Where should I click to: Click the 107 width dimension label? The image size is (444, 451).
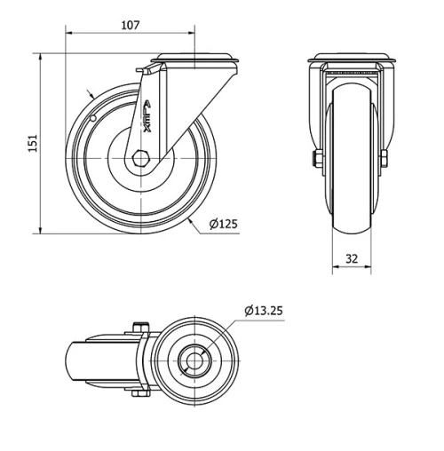click(x=130, y=26)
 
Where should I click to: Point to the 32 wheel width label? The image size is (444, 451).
click(x=353, y=259)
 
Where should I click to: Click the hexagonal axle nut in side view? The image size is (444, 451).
click(x=143, y=159)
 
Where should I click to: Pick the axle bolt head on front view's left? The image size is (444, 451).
click(x=314, y=160)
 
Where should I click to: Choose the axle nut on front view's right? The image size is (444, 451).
click(x=384, y=160)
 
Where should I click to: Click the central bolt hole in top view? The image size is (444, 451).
click(x=193, y=361)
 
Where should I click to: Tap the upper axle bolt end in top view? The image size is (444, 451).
click(x=139, y=328)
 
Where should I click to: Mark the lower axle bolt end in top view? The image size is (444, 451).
click(x=139, y=393)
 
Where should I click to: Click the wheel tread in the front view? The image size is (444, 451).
click(x=350, y=178)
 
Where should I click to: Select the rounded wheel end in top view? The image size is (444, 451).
click(x=75, y=361)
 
